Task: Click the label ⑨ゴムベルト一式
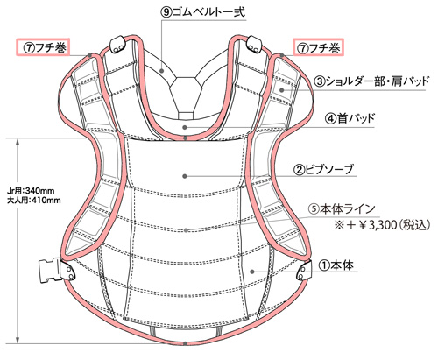point(203,12)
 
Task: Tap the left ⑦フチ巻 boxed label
point(43,47)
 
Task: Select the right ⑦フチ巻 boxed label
point(318,48)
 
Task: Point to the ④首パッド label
point(350,118)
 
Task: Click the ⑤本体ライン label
point(342,209)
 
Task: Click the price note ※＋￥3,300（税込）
point(383,225)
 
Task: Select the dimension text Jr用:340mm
point(31,191)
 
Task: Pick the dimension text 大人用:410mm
point(33,201)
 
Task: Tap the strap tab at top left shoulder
point(117,45)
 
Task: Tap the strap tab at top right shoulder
point(254,45)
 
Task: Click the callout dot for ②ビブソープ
point(185,176)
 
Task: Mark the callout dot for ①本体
point(252,272)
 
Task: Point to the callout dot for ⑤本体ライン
point(186,230)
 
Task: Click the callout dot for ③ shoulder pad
point(281,90)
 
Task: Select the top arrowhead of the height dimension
point(18,143)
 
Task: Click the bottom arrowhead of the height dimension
point(18,339)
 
